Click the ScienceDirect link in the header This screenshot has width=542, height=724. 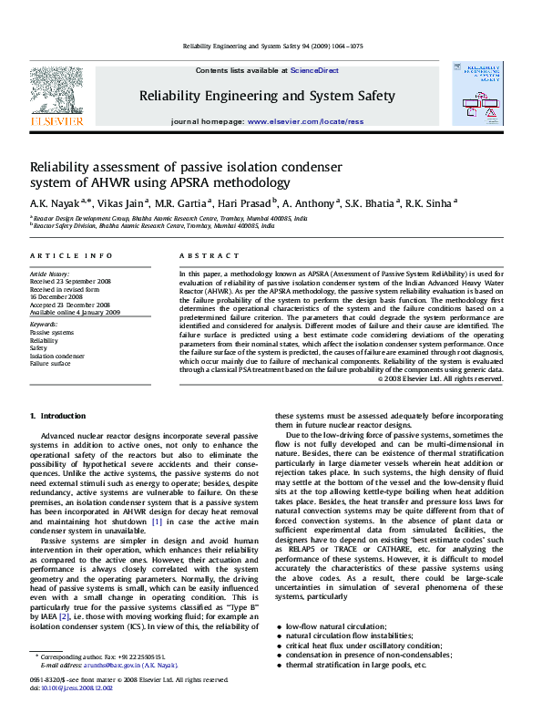[x=314, y=70]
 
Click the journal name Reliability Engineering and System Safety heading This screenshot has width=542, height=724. [x=266, y=95]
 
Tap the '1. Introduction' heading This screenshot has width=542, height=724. [x=58, y=416]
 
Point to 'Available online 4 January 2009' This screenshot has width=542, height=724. [x=75, y=312]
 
